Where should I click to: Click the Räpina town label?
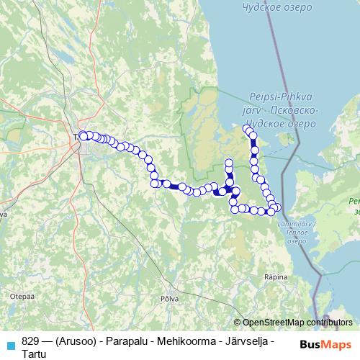pyautogui.click(x=276, y=276)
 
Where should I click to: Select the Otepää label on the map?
pyautogui.click(x=17, y=295)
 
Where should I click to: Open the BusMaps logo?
pyautogui.click(x=325, y=343)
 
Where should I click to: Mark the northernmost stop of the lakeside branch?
pyautogui.click(x=247, y=129)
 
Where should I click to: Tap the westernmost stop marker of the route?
pyautogui.click(x=82, y=135)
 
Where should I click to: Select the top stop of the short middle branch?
pyautogui.click(x=229, y=162)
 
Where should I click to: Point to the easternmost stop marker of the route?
pyautogui.click(x=279, y=207)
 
